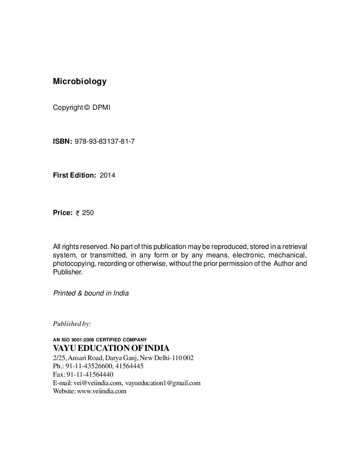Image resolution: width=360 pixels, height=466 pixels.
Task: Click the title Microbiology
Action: tap(79, 82)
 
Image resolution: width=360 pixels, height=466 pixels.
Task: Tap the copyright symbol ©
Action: tap(88, 108)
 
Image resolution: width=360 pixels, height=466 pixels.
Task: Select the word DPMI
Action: tap(101, 108)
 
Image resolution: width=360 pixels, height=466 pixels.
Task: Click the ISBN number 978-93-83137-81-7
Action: tap(105, 142)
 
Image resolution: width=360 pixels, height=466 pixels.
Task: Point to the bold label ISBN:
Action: tap(62, 142)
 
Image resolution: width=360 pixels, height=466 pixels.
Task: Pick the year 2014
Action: tap(107, 175)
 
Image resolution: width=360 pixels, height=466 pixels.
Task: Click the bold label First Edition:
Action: tap(74, 175)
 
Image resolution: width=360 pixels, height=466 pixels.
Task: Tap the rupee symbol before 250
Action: tap(78, 213)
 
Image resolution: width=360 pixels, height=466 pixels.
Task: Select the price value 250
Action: tap(88, 213)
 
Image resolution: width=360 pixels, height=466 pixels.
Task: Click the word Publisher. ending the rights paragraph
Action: tap(68, 272)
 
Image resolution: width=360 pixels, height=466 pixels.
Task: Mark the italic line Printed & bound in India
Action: tap(91, 293)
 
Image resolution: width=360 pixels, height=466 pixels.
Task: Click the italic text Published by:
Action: tap(72, 324)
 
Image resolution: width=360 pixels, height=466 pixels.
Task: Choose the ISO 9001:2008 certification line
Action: tap(100, 340)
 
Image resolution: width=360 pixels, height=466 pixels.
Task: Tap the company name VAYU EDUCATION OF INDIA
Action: tap(111, 348)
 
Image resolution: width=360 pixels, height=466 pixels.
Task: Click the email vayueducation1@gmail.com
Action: tap(163, 383)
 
